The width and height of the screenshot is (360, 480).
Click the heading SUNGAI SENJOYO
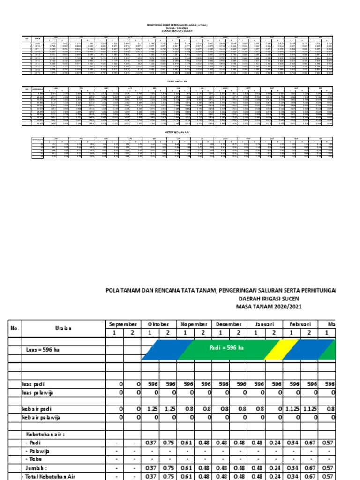point(180,28)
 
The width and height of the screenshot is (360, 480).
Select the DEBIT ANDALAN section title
point(180,81)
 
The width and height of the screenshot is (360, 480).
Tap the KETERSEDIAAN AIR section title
point(180,133)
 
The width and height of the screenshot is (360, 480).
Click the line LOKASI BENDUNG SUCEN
point(180,31)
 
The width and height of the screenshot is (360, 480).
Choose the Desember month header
point(228,324)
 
